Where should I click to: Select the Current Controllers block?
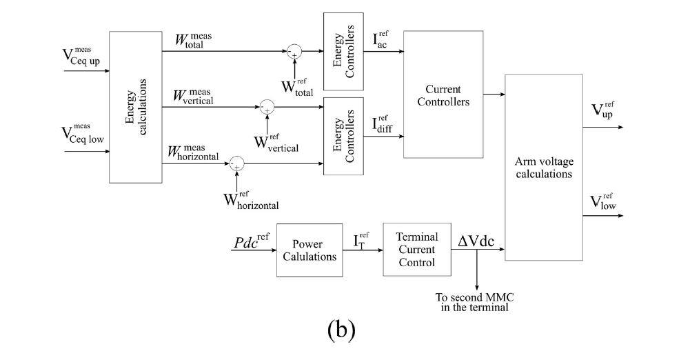click(443, 95)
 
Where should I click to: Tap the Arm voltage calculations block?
click(543, 168)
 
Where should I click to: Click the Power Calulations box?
click(310, 250)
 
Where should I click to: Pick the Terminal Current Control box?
click(416, 250)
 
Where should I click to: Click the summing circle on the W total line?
click(294, 51)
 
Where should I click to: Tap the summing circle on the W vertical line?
click(267, 106)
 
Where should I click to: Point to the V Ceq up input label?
click(81, 56)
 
